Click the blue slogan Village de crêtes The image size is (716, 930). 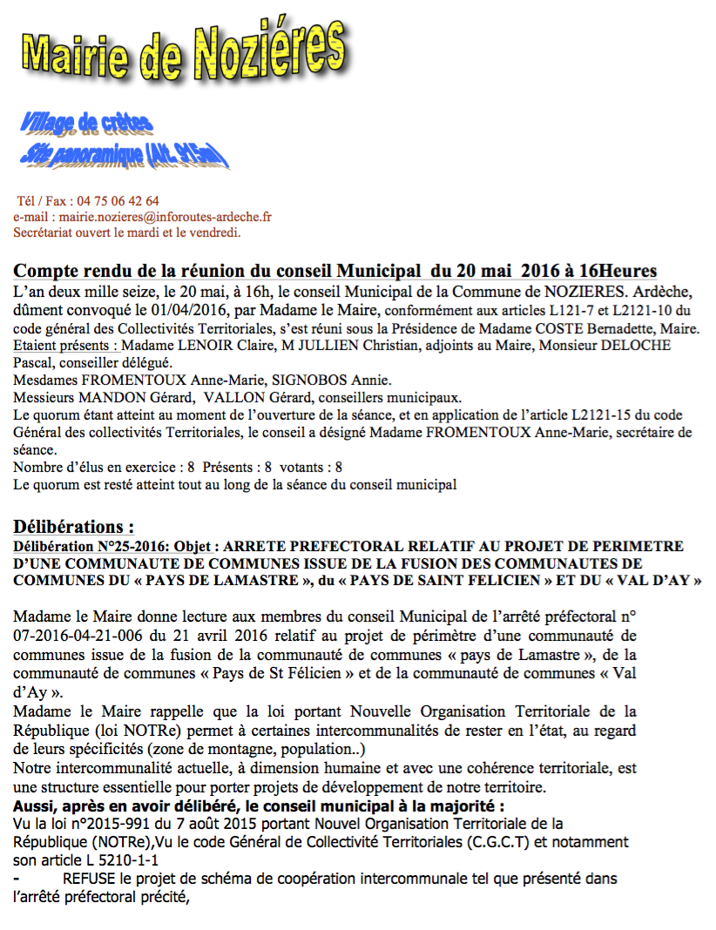87,123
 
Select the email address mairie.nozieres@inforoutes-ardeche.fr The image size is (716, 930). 165,217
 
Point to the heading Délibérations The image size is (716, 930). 74,528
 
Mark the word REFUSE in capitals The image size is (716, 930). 87,879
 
